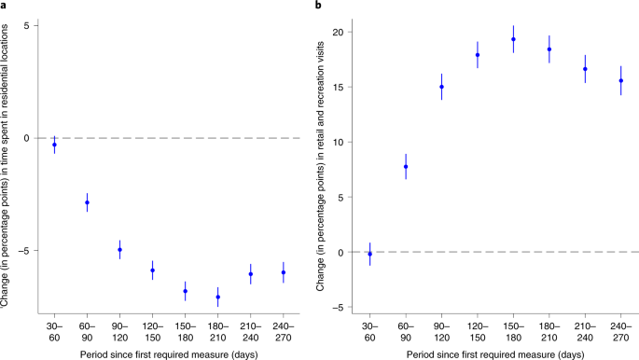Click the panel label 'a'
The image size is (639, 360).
pyautogui.click(x=4, y=7)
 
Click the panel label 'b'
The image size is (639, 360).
pyautogui.click(x=319, y=7)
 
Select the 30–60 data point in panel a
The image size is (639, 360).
pyautogui.click(x=54, y=145)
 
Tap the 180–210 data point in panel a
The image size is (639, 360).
pyautogui.click(x=217, y=298)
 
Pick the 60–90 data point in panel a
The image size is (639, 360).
pyautogui.click(x=87, y=202)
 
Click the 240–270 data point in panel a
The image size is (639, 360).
pyautogui.click(x=283, y=272)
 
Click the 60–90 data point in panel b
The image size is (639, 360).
pyautogui.click(x=406, y=167)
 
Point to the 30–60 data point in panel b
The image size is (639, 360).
pyautogui.click(x=369, y=254)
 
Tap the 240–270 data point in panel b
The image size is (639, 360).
pyautogui.click(x=620, y=81)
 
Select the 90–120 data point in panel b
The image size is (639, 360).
pyautogui.click(x=441, y=87)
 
